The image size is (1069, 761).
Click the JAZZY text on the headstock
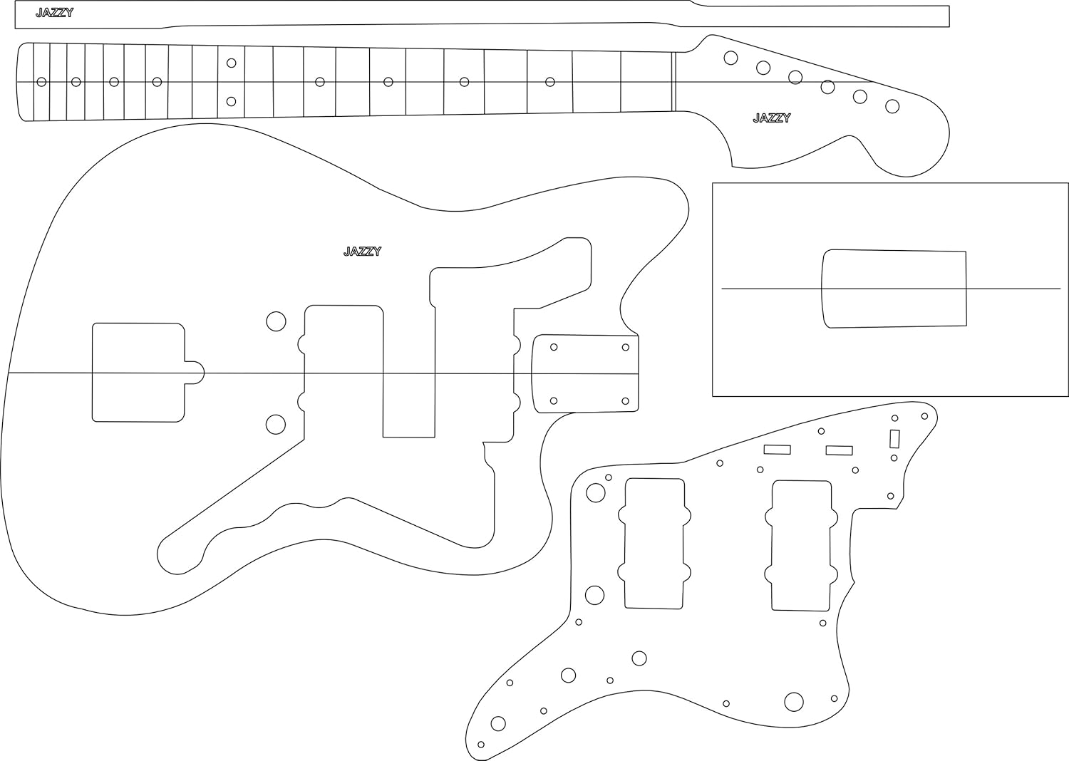[771, 118]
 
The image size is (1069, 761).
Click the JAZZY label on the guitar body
[362, 252]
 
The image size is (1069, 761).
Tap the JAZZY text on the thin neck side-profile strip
[54, 13]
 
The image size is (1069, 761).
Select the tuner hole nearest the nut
[730, 58]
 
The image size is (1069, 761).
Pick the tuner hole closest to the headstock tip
[892, 106]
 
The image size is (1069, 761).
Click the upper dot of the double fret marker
[231, 63]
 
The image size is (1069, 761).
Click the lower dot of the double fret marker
[231, 101]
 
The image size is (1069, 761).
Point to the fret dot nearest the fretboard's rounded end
[41, 82]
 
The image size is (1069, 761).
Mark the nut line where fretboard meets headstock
[672, 82]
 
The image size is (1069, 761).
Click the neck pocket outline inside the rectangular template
[894, 289]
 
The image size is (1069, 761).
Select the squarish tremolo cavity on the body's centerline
[138, 372]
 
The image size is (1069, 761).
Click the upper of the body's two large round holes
[276, 321]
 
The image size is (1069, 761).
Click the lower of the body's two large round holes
[276, 425]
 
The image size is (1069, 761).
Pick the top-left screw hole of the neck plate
[554, 347]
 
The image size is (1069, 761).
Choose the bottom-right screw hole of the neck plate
[626, 401]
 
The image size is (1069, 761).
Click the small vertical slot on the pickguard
[894, 438]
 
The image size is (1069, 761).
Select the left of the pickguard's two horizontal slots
[777, 450]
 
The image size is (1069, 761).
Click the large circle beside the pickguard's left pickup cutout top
[595, 492]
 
